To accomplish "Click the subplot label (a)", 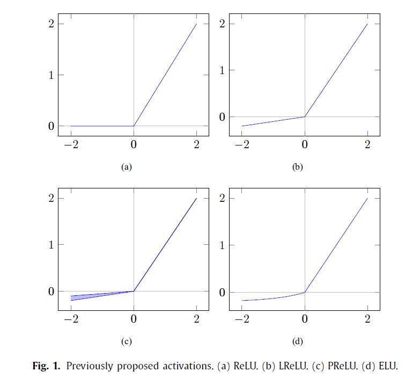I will tap(126, 167).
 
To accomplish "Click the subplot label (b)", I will tap(297, 167).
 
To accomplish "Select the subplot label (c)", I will tap(126, 341).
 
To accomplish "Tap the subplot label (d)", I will tap(297, 341).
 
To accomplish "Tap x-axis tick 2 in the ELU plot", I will tap(367, 319).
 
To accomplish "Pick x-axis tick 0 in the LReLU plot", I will tap(305, 144).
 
